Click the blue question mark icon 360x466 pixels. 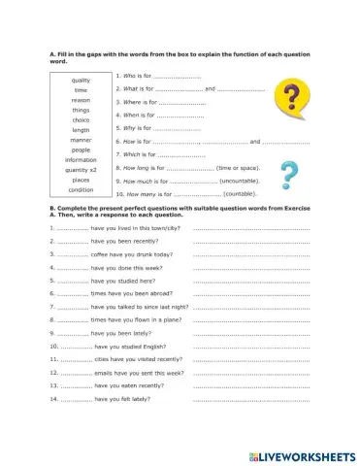(288, 176)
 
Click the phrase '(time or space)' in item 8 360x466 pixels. (239, 168)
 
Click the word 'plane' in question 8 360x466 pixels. (168, 319)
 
